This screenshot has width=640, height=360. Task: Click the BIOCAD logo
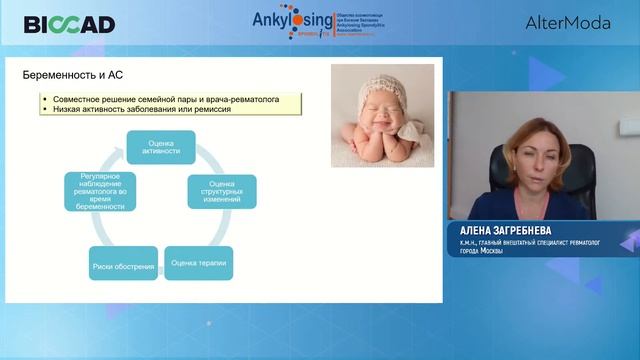coord(69,24)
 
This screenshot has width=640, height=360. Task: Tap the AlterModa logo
coord(567,23)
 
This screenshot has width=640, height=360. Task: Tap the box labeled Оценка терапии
coord(198,265)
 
